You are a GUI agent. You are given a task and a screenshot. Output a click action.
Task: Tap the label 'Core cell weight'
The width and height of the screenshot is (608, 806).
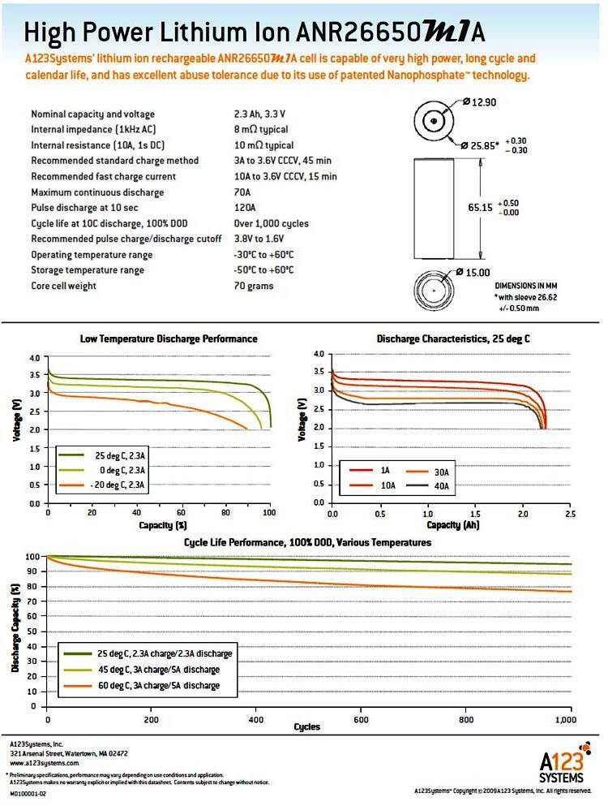coord(63,286)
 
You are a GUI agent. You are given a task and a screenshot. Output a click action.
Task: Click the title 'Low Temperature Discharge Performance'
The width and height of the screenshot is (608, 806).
coord(169,338)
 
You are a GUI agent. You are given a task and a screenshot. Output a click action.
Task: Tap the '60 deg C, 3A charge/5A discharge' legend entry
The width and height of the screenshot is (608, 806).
coord(159,685)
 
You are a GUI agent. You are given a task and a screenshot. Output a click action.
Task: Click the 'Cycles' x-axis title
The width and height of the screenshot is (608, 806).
coord(307,726)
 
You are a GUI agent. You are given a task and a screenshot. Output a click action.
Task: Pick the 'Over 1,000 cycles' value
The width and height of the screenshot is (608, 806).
coord(271,223)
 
